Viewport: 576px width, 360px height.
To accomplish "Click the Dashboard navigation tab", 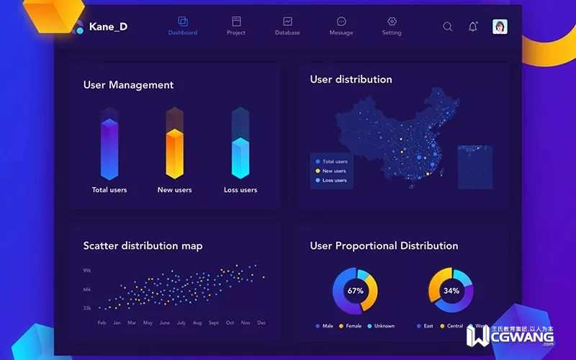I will [x=182, y=26].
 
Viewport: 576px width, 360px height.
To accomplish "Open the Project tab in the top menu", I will [x=236, y=26].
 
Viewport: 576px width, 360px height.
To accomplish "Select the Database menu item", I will [x=287, y=26].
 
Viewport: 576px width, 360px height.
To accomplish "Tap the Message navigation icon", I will [x=341, y=26].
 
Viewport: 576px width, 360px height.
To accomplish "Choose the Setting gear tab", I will [x=392, y=26].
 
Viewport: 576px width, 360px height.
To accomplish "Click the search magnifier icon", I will [x=448, y=27].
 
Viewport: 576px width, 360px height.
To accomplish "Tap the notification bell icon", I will [x=473, y=27].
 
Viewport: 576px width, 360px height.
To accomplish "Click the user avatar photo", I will [x=500, y=27].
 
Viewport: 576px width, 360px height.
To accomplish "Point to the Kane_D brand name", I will [x=108, y=27].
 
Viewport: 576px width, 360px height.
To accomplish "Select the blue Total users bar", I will [x=109, y=148].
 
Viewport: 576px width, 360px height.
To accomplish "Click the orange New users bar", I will [x=175, y=151].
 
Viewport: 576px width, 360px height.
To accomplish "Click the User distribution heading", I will [x=351, y=79].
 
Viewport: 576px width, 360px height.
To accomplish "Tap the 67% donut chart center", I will [x=355, y=291].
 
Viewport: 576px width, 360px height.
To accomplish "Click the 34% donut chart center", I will [x=451, y=291].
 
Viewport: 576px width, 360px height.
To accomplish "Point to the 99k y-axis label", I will [x=86, y=271].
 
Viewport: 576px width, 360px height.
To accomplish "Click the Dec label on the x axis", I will [x=261, y=323].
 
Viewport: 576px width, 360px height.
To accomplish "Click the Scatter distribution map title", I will [x=143, y=246].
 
